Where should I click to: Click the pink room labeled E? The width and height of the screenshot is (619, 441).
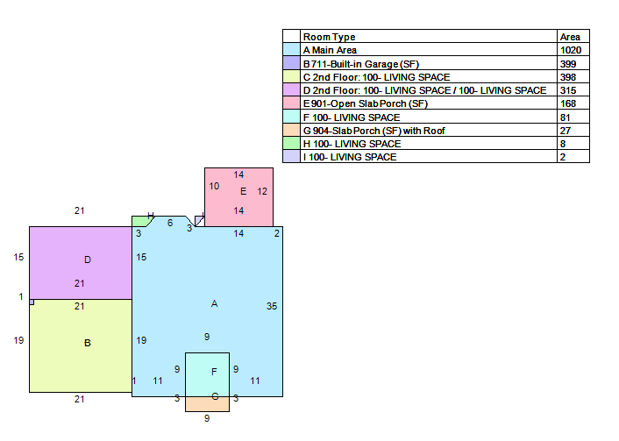tap(238, 197)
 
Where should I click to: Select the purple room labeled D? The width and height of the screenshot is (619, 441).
tap(81, 262)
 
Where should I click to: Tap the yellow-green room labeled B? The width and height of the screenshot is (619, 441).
tap(81, 345)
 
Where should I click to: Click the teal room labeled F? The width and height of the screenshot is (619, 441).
tap(207, 374)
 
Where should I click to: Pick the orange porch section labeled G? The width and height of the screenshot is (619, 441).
tap(207, 404)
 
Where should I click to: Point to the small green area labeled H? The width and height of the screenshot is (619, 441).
tap(140, 222)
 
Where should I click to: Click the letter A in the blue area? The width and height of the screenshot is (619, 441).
tap(214, 303)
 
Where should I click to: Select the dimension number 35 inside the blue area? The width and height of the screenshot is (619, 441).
tap(272, 306)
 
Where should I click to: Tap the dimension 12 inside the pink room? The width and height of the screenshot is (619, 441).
tap(262, 191)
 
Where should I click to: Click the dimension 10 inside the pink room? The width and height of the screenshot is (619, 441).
tap(214, 186)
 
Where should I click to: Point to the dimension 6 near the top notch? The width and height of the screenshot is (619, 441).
tap(170, 223)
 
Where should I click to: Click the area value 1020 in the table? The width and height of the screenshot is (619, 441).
tap(571, 50)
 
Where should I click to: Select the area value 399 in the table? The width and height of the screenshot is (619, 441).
tap(567, 64)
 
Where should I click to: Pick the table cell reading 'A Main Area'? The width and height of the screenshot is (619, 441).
tap(330, 50)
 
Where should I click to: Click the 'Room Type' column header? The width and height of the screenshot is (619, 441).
tap(329, 37)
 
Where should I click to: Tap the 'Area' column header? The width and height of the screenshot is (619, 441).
tap(570, 37)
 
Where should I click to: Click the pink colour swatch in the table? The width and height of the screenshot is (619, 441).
tap(291, 103)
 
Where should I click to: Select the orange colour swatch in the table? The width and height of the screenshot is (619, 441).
tap(291, 130)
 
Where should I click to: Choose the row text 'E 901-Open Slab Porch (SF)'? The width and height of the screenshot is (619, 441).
tap(365, 103)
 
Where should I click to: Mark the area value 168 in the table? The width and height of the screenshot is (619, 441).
tap(567, 103)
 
